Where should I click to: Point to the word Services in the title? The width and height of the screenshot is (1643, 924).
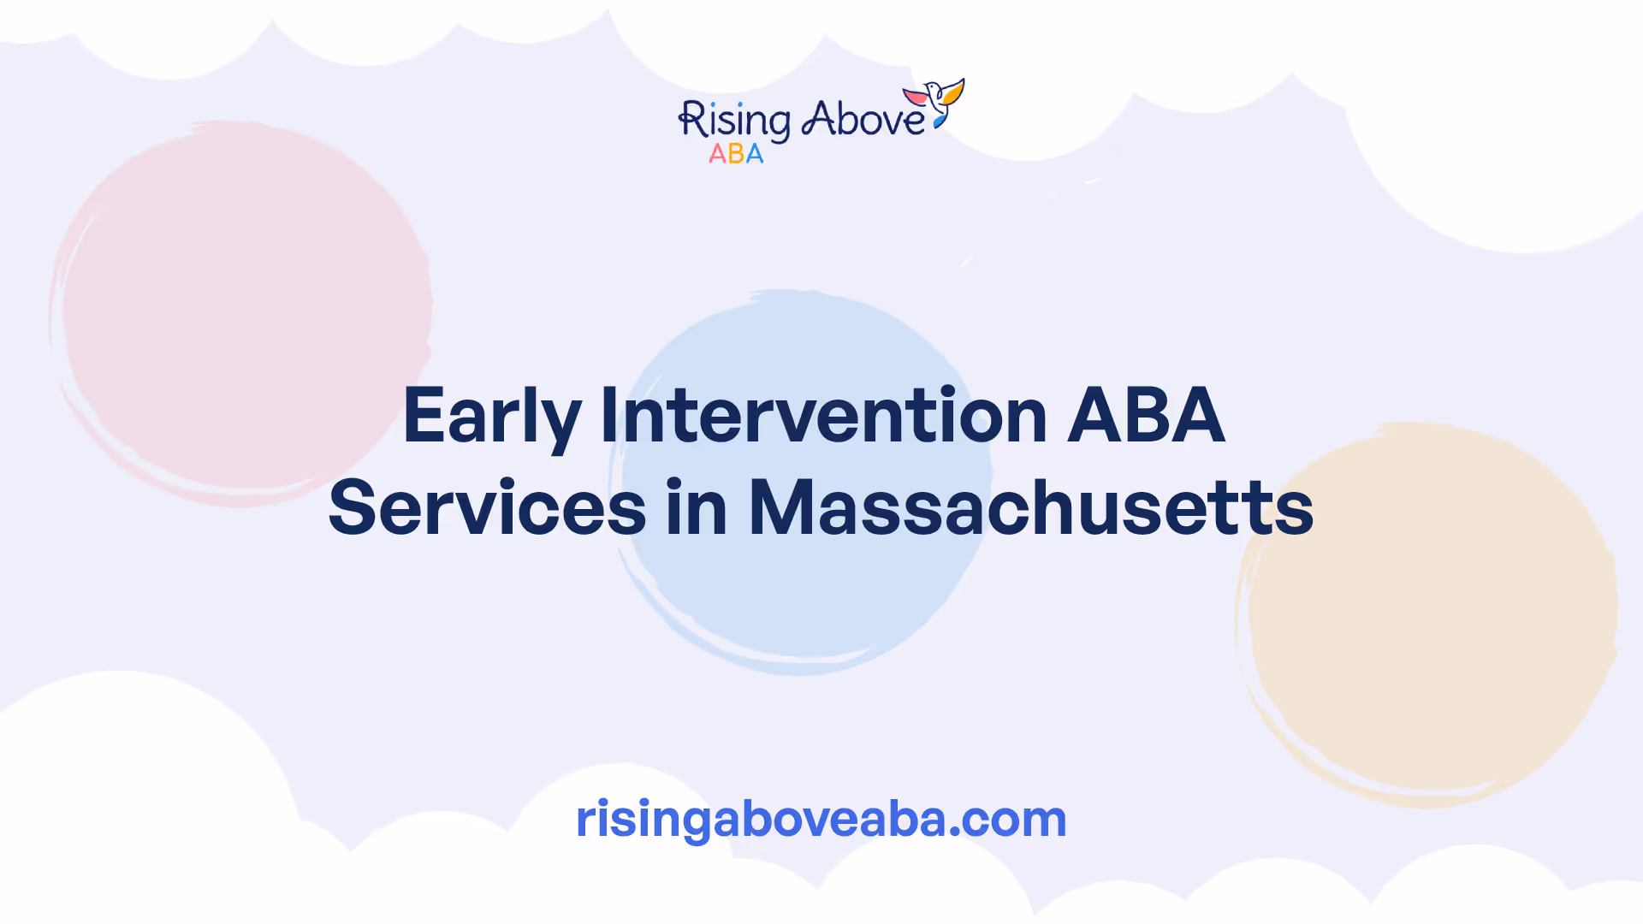(487, 507)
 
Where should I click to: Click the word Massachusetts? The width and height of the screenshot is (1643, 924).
(1031, 507)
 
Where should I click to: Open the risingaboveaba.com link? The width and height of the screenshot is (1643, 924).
(821, 819)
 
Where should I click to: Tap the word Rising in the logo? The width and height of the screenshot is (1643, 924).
(734, 121)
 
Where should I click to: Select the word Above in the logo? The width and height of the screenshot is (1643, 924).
(863, 119)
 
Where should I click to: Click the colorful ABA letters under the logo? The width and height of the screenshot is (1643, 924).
(736, 154)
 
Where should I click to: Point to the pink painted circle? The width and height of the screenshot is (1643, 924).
(241, 313)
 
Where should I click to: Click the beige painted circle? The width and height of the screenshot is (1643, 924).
(1427, 614)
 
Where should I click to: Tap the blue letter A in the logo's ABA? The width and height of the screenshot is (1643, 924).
(755, 154)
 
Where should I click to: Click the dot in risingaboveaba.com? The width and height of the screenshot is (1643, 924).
(955, 832)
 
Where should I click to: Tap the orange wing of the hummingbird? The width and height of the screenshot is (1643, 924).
(952, 91)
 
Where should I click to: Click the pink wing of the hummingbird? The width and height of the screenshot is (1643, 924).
(916, 97)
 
